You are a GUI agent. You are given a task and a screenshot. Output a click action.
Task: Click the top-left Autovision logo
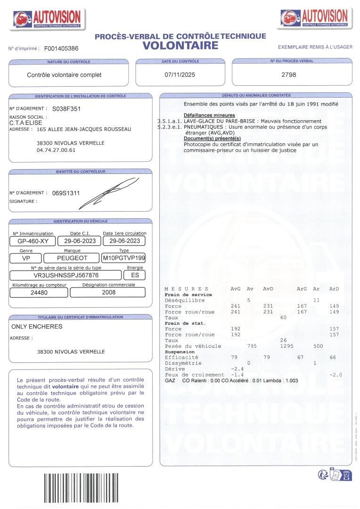47,19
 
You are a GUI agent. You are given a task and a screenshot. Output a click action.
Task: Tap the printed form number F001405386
61,49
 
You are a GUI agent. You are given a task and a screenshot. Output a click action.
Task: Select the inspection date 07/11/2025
180,74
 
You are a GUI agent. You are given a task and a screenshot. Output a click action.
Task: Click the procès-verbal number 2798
288,74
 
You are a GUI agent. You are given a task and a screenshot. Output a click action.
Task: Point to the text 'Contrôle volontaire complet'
64,74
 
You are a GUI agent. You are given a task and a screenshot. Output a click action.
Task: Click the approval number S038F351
66,108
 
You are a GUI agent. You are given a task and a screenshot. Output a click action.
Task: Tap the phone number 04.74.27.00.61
56,150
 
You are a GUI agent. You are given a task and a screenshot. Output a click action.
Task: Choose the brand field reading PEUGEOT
72,258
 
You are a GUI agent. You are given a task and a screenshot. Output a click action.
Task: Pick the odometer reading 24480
40,292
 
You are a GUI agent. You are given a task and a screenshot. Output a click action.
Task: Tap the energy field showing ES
135,275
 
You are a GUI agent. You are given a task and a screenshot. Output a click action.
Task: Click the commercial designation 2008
108,292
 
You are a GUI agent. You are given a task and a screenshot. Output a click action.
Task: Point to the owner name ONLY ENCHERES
37,326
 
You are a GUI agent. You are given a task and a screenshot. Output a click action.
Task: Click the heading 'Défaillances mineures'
209,115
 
